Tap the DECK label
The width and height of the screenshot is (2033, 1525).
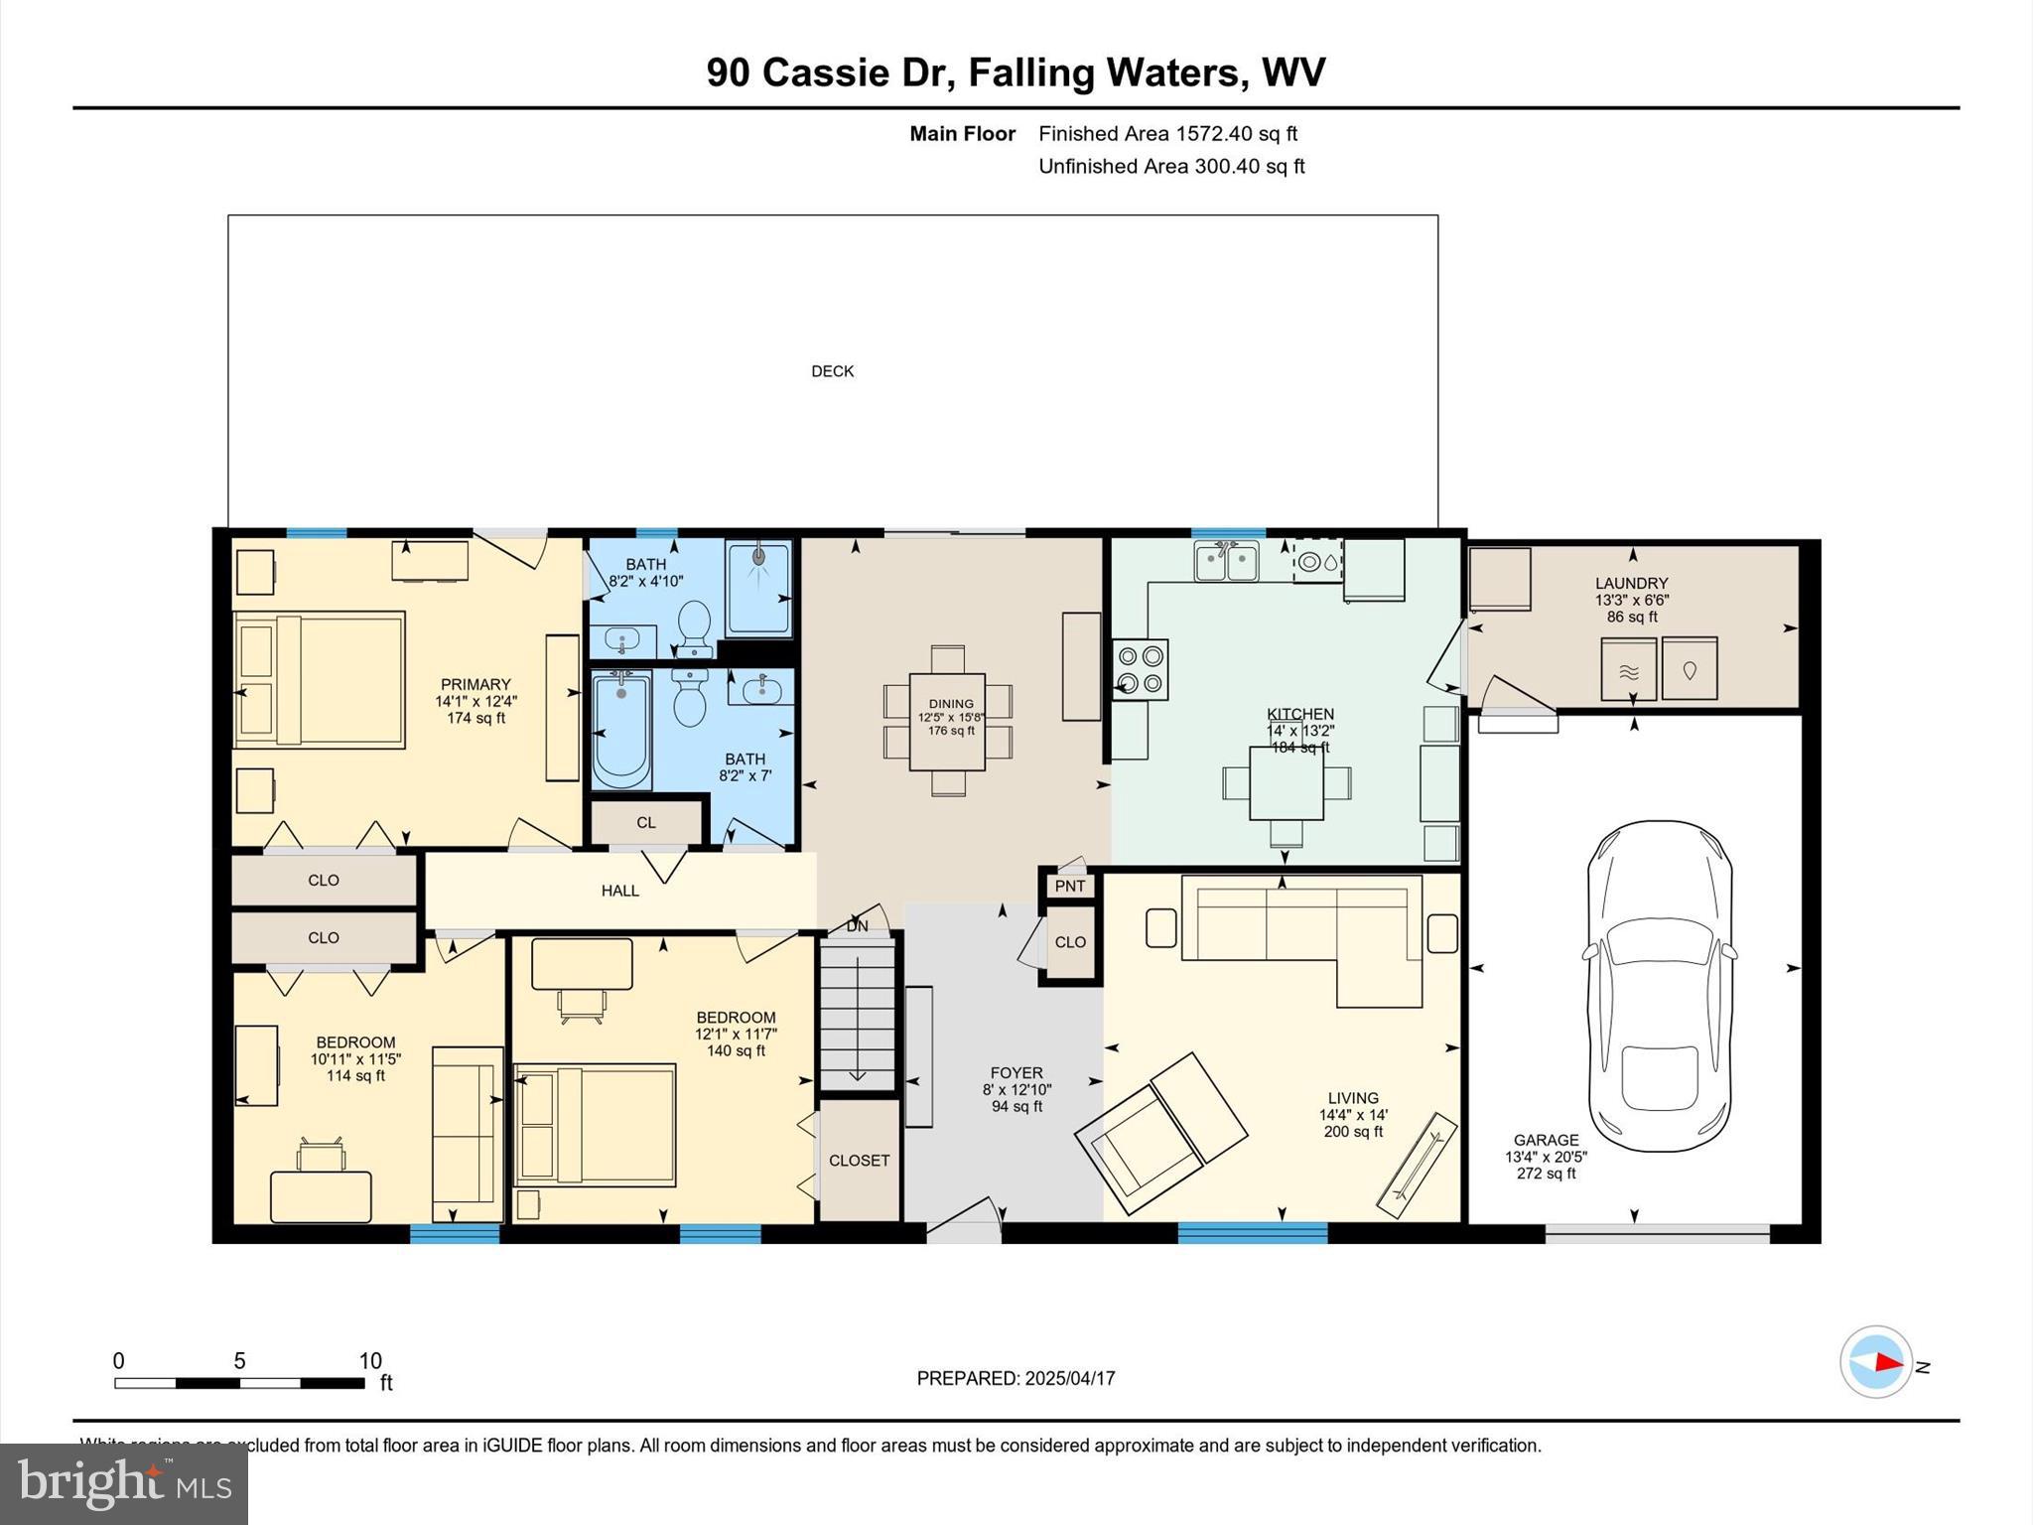tap(832, 371)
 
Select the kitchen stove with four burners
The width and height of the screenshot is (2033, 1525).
tap(1140, 669)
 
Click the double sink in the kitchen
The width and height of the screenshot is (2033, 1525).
tap(1226, 563)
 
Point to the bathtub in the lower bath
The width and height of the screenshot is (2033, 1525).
tap(621, 730)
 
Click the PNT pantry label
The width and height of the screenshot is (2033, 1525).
tap(1069, 886)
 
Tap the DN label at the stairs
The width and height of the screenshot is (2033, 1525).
tap(857, 926)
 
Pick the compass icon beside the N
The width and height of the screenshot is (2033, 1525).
tap(1875, 1362)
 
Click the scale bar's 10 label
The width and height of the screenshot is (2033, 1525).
tap(370, 1361)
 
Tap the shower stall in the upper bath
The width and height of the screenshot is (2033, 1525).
tap(759, 588)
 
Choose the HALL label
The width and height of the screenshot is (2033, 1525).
tap(619, 891)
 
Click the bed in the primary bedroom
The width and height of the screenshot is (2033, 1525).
tap(320, 680)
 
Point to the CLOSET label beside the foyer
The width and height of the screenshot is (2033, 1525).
tap(859, 1160)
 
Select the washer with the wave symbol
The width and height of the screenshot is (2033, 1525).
tap(1628, 670)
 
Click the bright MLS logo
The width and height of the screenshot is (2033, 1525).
tap(124, 1483)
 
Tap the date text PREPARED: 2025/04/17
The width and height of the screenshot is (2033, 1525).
tap(1016, 1378)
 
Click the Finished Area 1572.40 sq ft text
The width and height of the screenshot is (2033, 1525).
tap(1167, 134)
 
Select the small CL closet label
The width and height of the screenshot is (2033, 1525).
tap(646, 822)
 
